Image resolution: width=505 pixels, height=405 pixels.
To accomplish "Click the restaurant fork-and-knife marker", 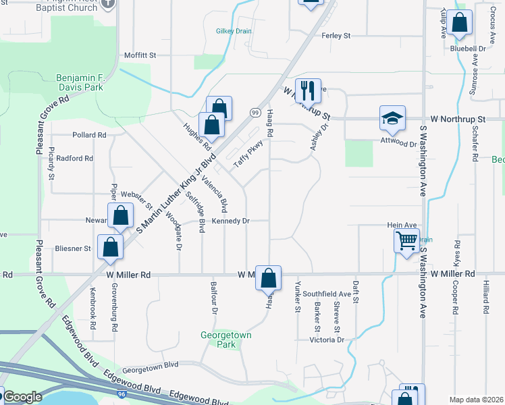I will pyautogui.click(x=308, y=89).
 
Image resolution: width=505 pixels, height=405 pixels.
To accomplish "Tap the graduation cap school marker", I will pyautogui.click(x=392, y=117).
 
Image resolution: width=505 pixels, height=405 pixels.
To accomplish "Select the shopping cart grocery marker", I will pyautogui.click(x=406, y=240).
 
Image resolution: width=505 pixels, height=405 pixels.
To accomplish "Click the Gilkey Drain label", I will pyautogui.click(x=234, y=31).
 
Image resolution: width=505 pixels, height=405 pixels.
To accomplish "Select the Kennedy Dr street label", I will pyautogui.click(x=231, y=221).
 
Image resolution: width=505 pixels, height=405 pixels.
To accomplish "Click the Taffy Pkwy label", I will pyautogui.click(x=248, y=153).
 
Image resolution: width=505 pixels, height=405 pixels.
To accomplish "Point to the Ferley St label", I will pyautogui.click(x=336, y=35).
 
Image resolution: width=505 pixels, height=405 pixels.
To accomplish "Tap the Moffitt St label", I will pyautogui.click(x=140, y=55).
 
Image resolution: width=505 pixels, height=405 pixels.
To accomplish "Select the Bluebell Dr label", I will pyautogui.click(x=468, y=49).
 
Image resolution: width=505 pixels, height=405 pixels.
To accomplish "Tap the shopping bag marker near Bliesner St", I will pyautogui.click(x=110, y=246).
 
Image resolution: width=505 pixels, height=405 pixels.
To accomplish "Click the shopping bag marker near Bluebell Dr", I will pyautogui.click(x=460, y=23).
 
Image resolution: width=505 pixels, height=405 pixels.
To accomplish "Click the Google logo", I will pyautogui.click(x=23, y=397).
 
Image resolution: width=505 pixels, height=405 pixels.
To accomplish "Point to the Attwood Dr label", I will pyautogui.click(x=398, y=144).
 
